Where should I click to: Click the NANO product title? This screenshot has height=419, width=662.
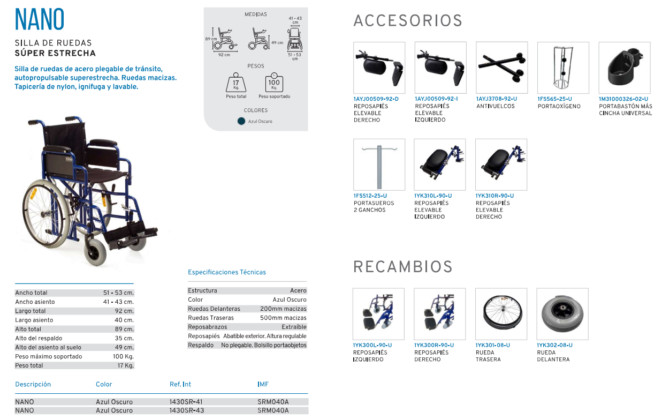(x=39, y=19)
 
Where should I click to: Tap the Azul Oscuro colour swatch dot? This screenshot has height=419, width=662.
(x=241, y=121)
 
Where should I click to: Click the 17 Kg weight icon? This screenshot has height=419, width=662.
(x=236, y=83)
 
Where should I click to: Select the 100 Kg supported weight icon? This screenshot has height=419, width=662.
(x=274, y=83)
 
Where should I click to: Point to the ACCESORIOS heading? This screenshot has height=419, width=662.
(x=408, y=21)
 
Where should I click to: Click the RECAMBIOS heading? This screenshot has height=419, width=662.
(x=403, y=267)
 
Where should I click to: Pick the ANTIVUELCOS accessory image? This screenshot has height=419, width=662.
(x=502, y=68)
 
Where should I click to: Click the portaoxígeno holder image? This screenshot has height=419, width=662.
(x=563, y=68)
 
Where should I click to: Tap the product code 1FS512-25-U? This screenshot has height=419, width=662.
(x=370, y=196)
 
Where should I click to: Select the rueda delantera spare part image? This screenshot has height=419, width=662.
(x=562, y=314)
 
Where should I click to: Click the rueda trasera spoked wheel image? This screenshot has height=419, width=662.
(x=501, y=314)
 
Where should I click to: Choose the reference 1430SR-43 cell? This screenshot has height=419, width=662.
(x=186, y=410)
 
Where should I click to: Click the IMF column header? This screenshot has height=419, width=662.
(x=263, y=384)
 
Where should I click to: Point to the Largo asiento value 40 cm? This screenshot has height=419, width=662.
(x=124, y=320)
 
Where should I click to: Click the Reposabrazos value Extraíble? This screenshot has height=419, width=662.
(x=294, y=327)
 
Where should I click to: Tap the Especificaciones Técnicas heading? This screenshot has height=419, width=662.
(x=227, y=272)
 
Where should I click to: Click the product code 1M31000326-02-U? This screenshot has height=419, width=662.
(x=623, y=99)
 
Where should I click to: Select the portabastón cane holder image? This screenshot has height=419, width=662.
(x=625, y=68)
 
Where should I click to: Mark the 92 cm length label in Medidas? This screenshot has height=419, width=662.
(x=224, y=55)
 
